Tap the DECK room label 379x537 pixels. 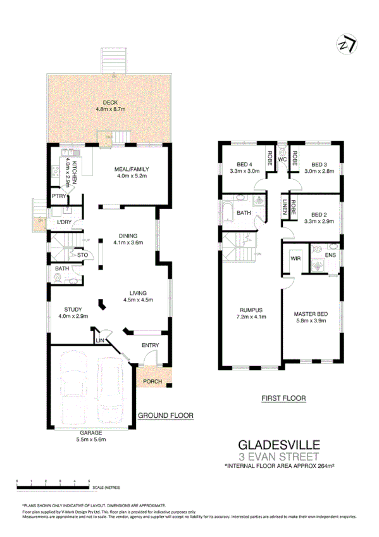pos(111,103)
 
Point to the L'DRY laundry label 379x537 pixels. pos(64,222)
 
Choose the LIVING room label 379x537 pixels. pos(138,293)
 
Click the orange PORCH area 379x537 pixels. pos(152,381)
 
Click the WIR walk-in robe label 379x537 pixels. pos(295,258)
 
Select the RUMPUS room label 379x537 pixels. pos(251,310)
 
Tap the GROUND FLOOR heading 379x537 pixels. pos(166,415)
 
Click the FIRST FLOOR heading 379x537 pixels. pos(283,398)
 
